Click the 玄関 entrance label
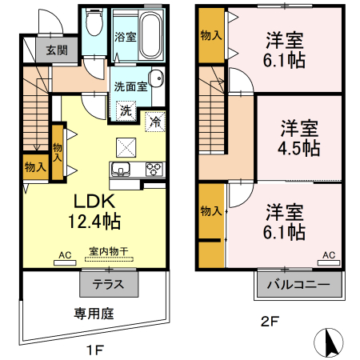click(56, 50)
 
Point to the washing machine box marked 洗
click(126, 110)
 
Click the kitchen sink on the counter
click(122, 169)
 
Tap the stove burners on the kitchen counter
click(153, 169)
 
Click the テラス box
click(109, 283)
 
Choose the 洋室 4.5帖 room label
click(299, 138)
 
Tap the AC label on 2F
click(327, 254)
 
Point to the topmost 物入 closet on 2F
click(211, 35)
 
